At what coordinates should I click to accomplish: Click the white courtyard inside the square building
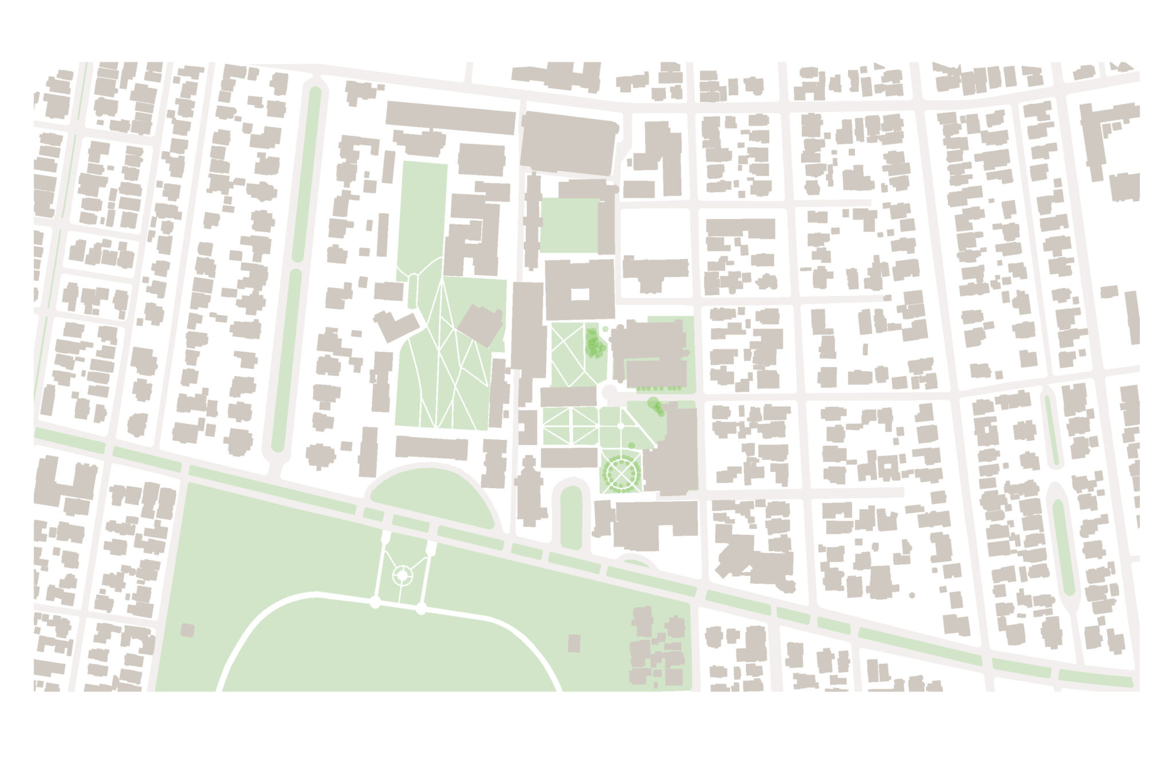[x=580, y=294]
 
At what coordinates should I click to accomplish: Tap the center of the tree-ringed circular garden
[x=620, y=474]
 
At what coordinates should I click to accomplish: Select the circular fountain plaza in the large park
[x=402, y=575]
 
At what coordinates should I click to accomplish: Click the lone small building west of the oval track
[x=187, y=631]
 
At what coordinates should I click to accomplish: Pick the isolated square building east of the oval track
[x=574, y=643]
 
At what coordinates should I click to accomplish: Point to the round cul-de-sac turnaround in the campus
[x=609, y=394]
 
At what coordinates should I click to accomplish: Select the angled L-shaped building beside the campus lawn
[x=396, y=325]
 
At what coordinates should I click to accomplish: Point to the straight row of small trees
[x=659, y=388]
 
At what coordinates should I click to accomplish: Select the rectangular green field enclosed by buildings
[x=569, y=225]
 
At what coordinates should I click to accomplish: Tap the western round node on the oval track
[x=375, y=603]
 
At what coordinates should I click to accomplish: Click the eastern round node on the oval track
[x=421, y=609]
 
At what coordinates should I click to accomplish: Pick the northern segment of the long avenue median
[x=314, y=172]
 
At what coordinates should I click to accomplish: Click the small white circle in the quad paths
[x=621, y=426]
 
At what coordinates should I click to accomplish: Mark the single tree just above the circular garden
[x=631, y=445]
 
